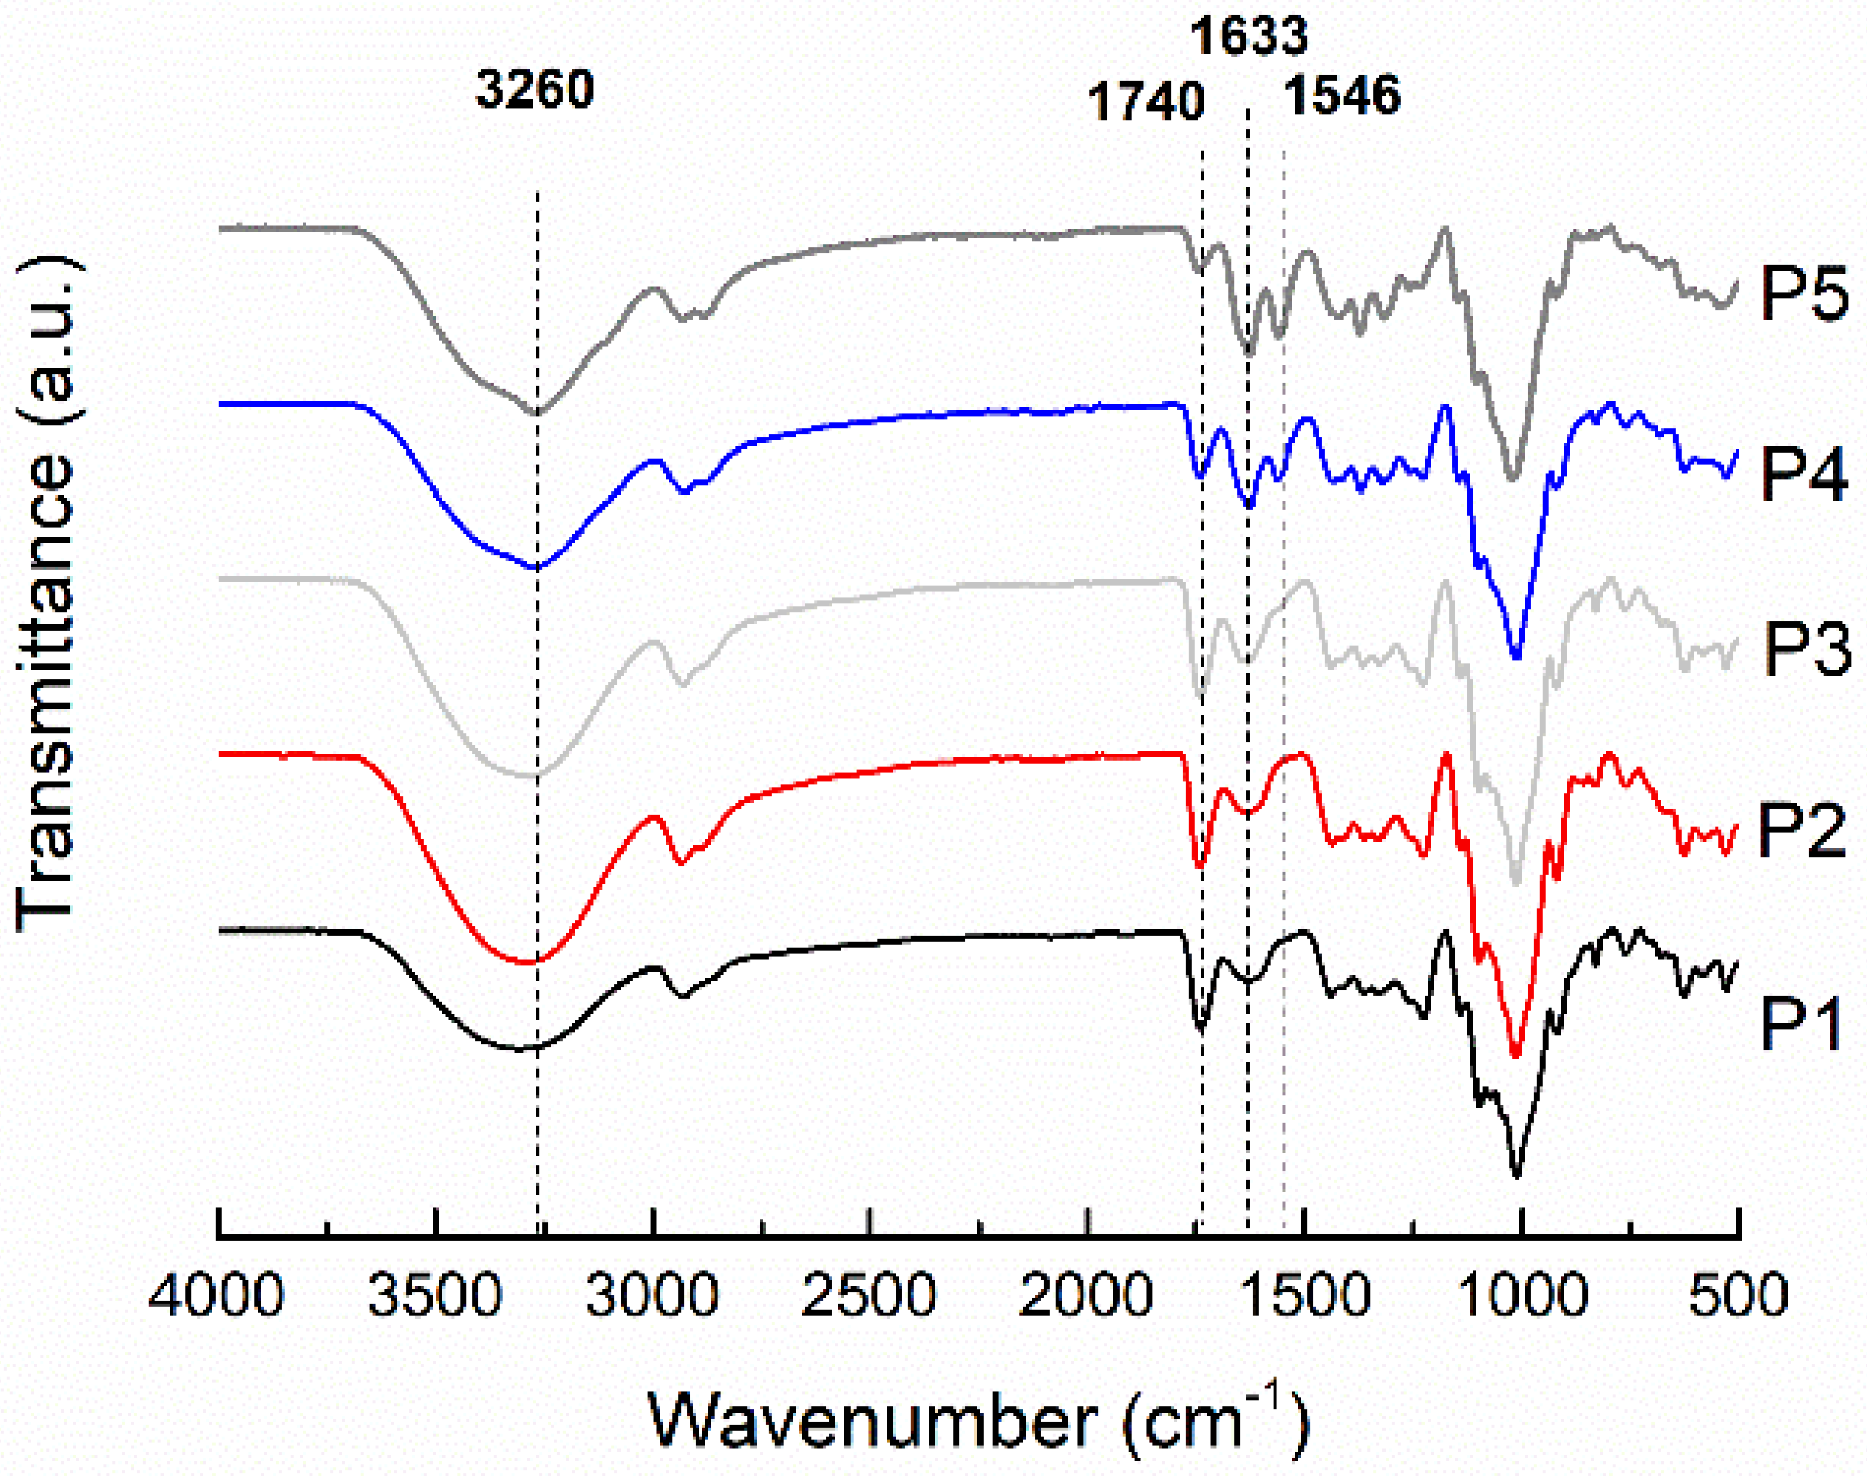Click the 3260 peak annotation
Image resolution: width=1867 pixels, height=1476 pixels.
pos(535,89)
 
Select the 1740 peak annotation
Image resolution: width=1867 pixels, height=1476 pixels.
pos(1146,102)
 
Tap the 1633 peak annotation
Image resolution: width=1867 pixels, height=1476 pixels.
pos(1249,36)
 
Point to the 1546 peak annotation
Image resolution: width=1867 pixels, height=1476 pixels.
pos(1341,95)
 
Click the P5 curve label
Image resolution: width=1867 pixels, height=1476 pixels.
pos(1804,293)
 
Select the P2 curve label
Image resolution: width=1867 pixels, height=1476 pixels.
pos(1801,829)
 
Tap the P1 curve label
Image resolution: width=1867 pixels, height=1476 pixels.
pos(1802,1024)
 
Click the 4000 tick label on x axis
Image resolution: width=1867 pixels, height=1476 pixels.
pos(216,1296)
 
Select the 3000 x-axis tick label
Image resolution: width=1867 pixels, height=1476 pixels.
pos(653,1296)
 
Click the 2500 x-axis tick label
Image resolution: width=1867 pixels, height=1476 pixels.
pos(869,1296)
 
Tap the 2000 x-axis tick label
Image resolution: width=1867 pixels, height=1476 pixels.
pos(1086,1296)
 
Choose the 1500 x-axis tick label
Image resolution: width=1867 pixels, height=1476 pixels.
pos(1304,1296)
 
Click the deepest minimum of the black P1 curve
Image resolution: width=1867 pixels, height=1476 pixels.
pos(1516,1174)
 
